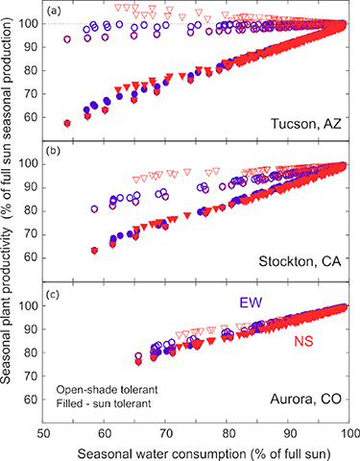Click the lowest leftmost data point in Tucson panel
(67, 123)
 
